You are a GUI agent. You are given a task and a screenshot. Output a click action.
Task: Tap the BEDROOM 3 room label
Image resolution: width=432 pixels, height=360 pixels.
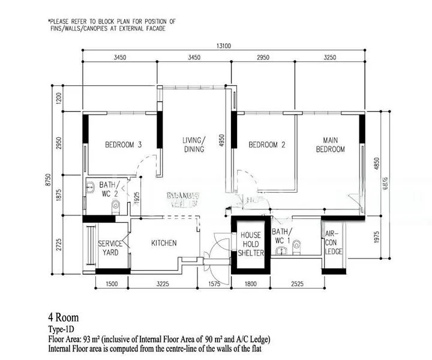tap(123, 145)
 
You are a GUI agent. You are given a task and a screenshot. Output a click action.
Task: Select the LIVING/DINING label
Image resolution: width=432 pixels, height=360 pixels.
tap(194, 145)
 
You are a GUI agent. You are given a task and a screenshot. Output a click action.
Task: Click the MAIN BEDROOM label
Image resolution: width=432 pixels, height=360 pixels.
tap(330, 145)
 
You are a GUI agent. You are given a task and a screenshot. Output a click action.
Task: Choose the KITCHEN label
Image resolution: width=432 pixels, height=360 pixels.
tap(163, 243)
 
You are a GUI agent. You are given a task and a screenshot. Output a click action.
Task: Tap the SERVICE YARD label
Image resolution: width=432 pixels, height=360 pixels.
tap(110, 248)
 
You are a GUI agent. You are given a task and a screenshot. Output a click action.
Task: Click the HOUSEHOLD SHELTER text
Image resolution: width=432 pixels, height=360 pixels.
tap(251, 244)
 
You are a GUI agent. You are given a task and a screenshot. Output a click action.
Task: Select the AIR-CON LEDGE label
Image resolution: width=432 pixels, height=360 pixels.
tap(334, 242)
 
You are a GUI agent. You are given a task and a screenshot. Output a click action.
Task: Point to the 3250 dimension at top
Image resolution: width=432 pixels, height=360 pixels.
tap(334, 58)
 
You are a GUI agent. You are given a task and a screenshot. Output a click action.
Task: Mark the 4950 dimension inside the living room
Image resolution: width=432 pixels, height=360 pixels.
tap(221, 140)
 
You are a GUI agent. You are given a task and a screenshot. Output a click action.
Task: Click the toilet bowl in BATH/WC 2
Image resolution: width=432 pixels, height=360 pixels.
tap(116, 206)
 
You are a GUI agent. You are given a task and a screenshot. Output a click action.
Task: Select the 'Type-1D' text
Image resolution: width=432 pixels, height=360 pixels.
tap(62, 329)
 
